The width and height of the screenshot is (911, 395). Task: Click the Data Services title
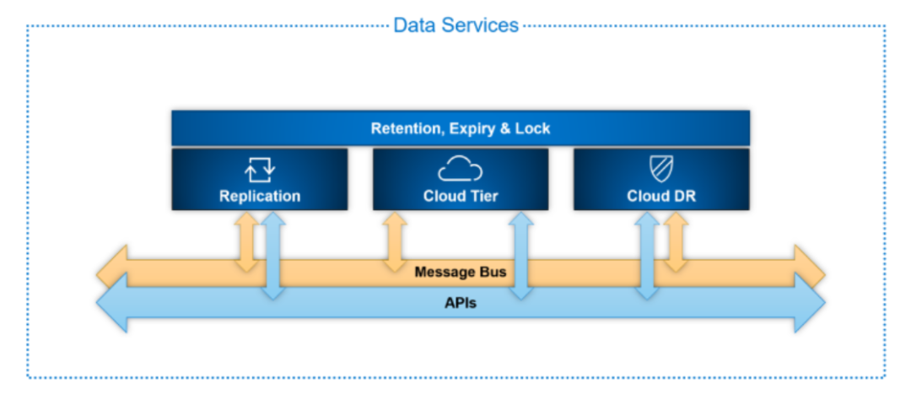(x=455, y=25)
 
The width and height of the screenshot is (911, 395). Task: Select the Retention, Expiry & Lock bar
(x=461, y=128)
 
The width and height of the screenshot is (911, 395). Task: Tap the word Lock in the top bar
(x=532, y=128)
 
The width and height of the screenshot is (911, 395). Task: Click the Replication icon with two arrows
(x=260, y=170)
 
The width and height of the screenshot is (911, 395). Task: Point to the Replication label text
(x=260, y=196)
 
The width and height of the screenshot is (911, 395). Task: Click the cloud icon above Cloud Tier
(x=461, y=169)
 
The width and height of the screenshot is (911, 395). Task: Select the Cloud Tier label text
(x=461, y=196)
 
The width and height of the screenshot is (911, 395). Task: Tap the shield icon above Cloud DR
(x=661, y=170)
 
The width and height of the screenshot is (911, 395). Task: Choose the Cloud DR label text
(x=661, y=196)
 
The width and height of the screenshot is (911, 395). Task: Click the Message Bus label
(x=461, y=272)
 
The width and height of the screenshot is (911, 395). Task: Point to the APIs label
(x=461, y=302)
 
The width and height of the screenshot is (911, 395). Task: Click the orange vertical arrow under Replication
(x=247, y=241)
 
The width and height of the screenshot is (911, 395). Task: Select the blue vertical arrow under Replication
(x=273, y=256)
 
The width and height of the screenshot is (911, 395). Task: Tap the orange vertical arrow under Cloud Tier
(x=395, y=241)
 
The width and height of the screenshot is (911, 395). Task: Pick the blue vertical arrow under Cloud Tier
(x=521, y=256)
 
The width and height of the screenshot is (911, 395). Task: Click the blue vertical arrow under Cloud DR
(x=647, y=256)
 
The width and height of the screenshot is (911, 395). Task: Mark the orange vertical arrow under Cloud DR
(x=676, y=241)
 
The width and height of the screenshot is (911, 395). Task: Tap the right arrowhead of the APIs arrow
(x=810, y=303)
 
